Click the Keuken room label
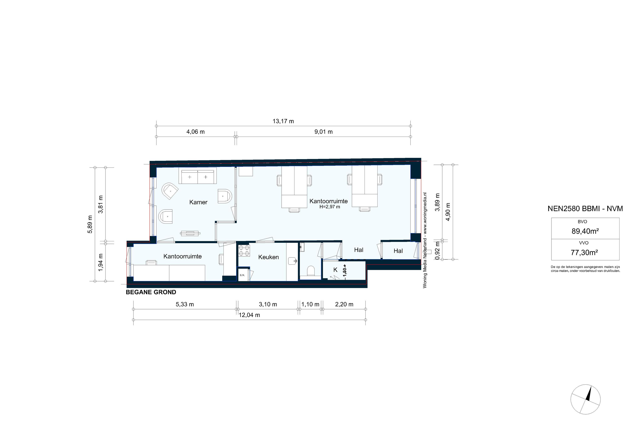click(x=268, y=257)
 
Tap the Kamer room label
click(x=198, y=202)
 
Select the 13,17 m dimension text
click(x=283, y=121)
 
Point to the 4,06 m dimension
click(x=195, y=132)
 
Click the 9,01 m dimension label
click(x=324, y=132)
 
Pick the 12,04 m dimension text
click(x=249, y=315)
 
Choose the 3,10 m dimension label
click(x=268, y=304)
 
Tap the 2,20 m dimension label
click(x=344, y=304)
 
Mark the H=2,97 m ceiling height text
click(x=329, y=207)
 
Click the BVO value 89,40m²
click(x=585, y=231)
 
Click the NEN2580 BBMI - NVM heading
click(x=585, y=209)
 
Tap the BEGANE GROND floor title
click(x=151, y=292)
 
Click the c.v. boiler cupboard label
click(x=242, y=275)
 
